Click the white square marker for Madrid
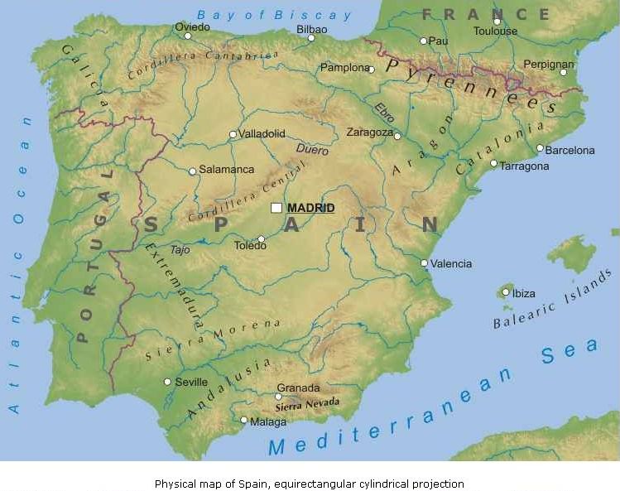276,208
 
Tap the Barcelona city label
570,151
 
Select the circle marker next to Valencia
425,263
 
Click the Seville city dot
167,382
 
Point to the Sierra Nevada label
307,405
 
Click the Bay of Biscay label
274,14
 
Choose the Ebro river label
385,113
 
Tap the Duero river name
312,151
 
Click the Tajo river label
180,248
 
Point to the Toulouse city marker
497,22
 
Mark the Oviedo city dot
188,36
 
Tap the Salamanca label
227,170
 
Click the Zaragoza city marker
397,136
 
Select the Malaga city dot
243,420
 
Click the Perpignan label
548,64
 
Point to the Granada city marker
278,397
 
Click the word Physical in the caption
175,484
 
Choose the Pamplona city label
344,68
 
